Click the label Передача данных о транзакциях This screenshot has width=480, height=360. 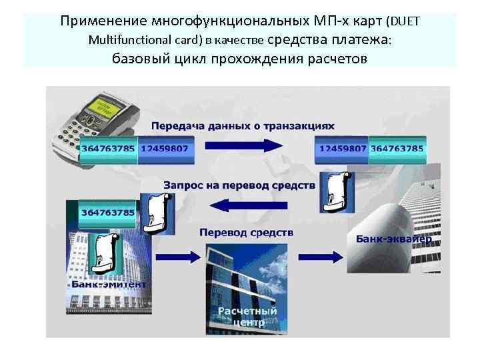[x=243, y=125]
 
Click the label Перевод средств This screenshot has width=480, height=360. [x=245, y=233]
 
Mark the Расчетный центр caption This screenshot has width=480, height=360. [x=247, y=317]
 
